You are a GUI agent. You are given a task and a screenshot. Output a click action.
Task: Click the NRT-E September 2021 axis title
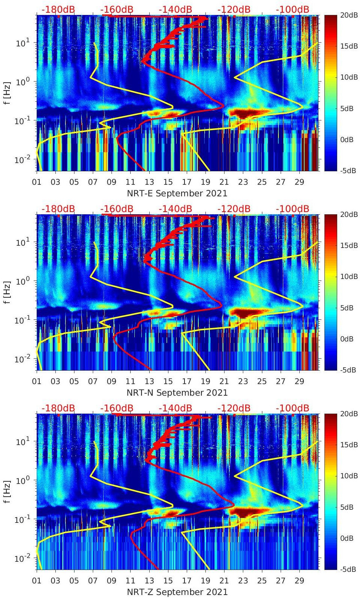(x=177, y=193)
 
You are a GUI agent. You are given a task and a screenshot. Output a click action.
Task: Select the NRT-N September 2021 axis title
(x=177, y=393)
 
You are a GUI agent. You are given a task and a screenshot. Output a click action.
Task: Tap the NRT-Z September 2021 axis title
(x=177, y=592)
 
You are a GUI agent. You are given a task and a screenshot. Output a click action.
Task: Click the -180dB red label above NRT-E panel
(x=58, y=9)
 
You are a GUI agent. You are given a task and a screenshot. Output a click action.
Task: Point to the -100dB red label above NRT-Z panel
(x=292, y=408)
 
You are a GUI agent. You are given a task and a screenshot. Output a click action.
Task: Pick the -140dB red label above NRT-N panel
(x=175, y=209)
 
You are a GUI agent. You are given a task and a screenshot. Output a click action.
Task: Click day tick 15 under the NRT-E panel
(x=168, y=182)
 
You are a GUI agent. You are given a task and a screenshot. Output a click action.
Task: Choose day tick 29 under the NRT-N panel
(x=299, y=381)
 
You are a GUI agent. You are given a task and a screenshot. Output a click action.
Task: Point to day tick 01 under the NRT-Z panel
(x=37, y=581)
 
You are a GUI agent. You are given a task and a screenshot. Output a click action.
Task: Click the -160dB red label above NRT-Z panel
(x=117, y=408)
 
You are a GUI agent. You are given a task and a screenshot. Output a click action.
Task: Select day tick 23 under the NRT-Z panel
(x=243, y=581)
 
